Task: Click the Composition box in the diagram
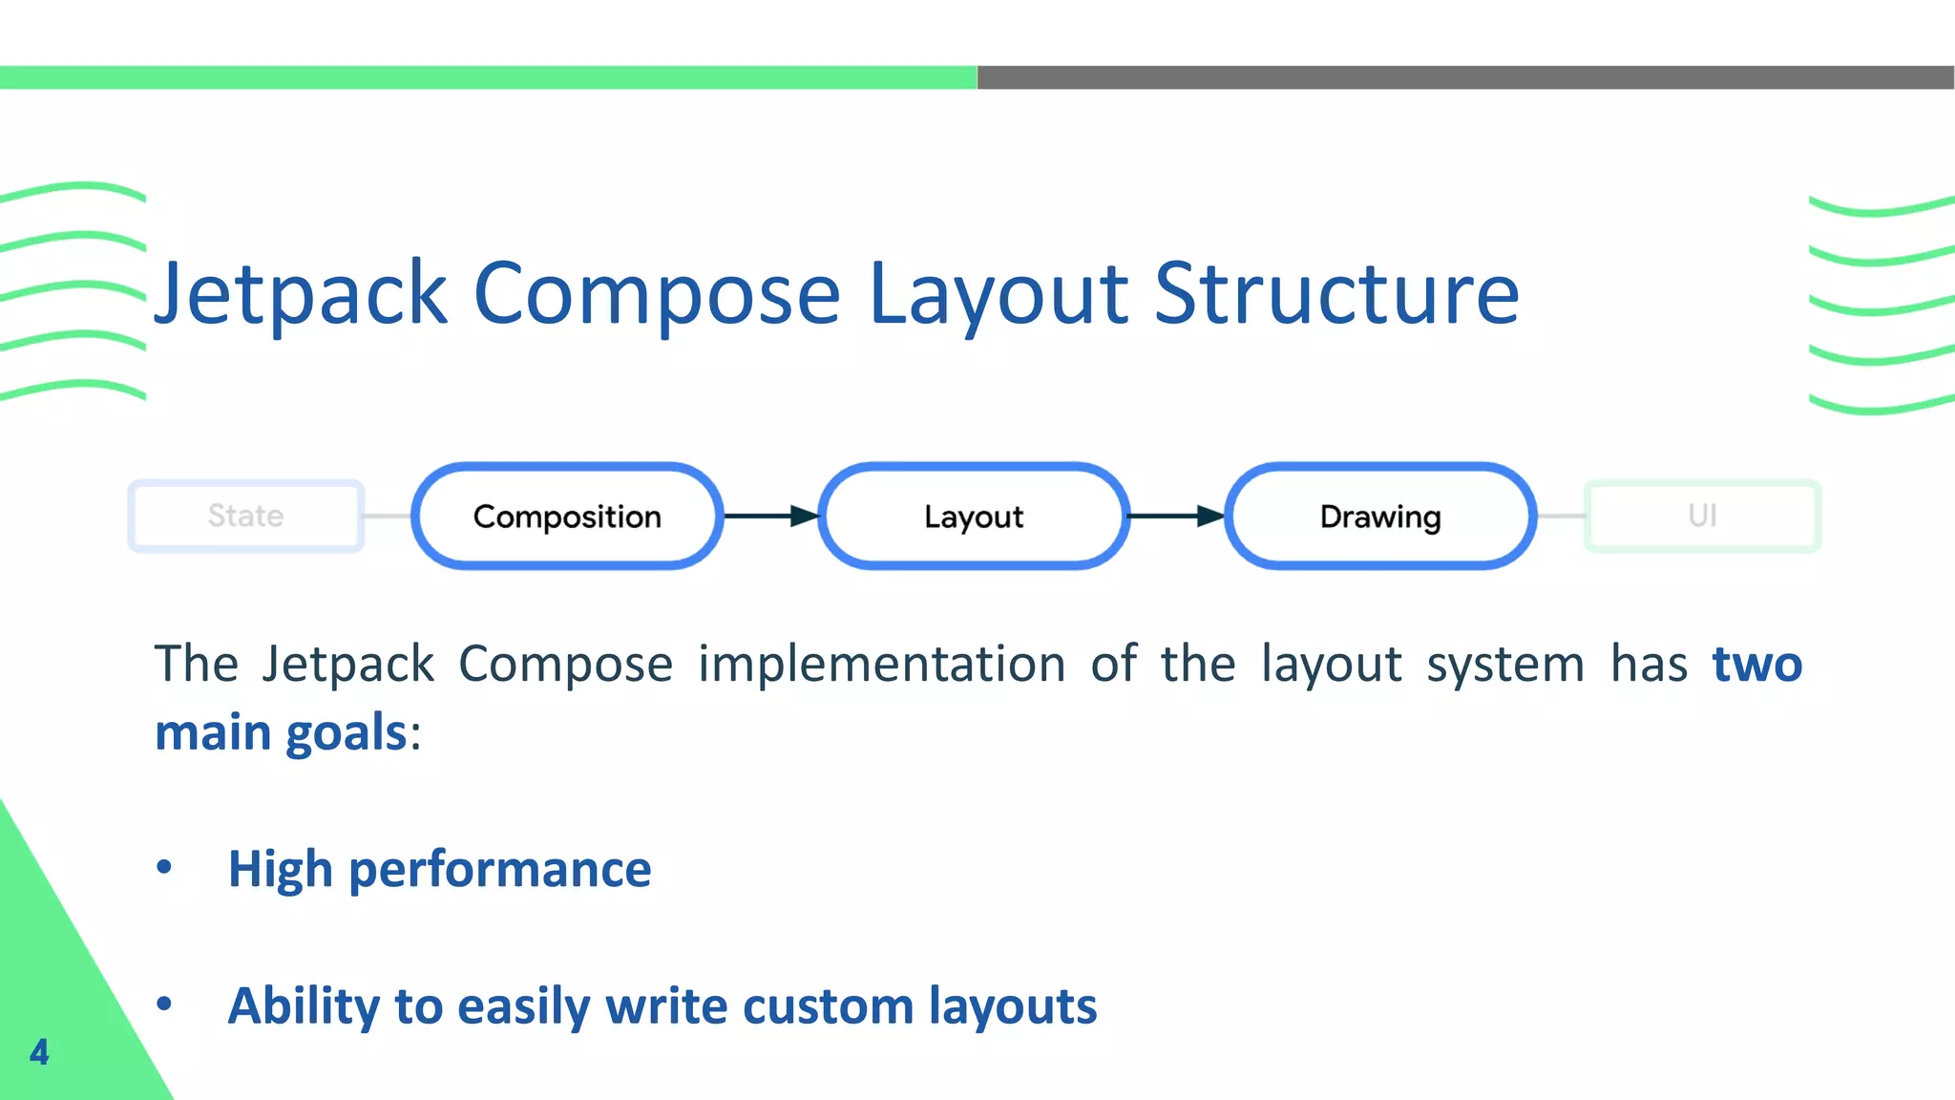coord(567,517)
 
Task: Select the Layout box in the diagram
coord(974,517)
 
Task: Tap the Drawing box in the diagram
coord(1380,517)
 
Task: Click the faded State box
coord(246,516)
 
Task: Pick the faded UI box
coord(1702,516)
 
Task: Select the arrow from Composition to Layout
coord(771,517)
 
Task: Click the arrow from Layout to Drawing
coord(1177,517)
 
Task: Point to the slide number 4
coord(39,1051)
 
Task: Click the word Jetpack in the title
coord(301,294)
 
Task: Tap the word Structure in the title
coord(1336,294)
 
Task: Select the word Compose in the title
coord(657,294)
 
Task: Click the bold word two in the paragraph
coord(1756,664)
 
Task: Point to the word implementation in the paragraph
coord(881,664)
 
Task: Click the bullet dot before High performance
coord(164,867)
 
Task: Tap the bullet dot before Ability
coord(164,1004)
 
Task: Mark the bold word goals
coord(347,733)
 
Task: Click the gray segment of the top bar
coord(1465,77)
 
